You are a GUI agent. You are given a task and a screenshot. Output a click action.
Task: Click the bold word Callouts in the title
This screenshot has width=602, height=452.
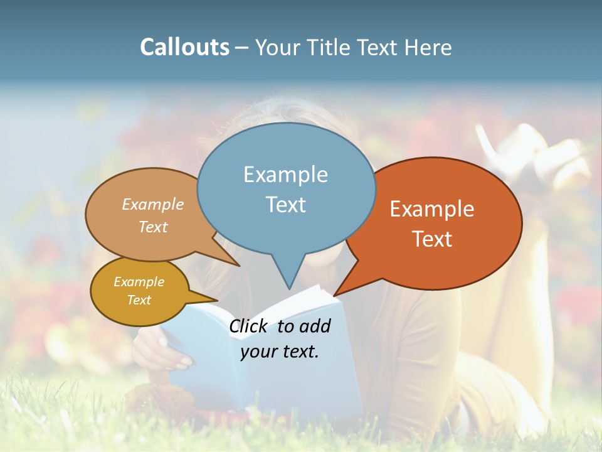pyautogui.click(x=184, y=48)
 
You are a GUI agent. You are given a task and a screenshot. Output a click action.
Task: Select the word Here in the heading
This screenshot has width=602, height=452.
pyautogui.click(x=428, y=48)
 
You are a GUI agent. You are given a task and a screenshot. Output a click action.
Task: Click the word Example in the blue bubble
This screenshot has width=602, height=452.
pyautogui.click(x=285, y=175)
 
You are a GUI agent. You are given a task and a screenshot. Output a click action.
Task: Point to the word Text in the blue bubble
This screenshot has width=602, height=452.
pyautogui.click(x=285, y=205)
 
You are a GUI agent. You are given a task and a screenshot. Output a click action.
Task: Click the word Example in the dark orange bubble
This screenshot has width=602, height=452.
pyautogui.click(x=432, y=209)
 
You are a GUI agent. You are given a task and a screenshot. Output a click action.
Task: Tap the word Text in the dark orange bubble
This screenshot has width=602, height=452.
pyautogui.click(x=432, y=239)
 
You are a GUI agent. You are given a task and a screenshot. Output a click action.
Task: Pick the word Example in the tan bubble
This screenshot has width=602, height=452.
pyautogui.click(x=153, y=205)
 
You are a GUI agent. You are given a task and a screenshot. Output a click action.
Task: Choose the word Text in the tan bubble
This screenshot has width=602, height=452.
pyautogui.click(x=153, y=227)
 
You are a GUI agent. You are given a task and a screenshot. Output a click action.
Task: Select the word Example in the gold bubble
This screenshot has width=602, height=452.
pyautogui.click(x=139, y=282)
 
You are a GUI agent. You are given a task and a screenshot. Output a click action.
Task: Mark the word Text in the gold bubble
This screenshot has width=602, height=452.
pyautogui.click(x=139, y=300)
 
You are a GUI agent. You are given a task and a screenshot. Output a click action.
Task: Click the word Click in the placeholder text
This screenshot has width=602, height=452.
pyautogui.click(x=249, y=326)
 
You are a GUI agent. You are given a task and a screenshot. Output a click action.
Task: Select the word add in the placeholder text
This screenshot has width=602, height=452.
pyautogui.click(x=315, y=326)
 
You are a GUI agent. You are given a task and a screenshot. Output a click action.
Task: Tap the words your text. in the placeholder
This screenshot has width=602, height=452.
pyautogui.click(x=280, y=352)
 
